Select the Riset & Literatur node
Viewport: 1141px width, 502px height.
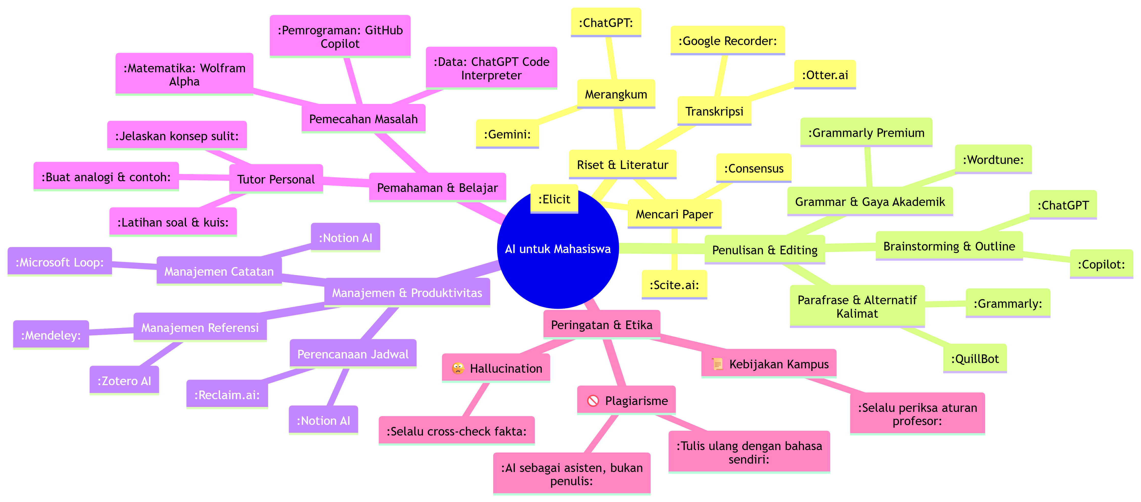tap(622, 165)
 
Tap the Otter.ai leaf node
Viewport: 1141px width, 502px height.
tap(825, 75)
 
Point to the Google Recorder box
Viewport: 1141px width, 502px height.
tap(727, 41)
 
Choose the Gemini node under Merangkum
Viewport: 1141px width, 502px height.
tap(507, 134)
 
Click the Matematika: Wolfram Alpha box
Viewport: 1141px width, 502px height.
tap(184, 74)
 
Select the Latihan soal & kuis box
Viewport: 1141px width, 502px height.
tap(173, 222)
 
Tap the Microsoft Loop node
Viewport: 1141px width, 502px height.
tap(59, 262)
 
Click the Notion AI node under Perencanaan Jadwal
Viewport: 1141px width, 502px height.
tap(323, 421)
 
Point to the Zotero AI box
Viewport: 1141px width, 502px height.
tap(124, 381)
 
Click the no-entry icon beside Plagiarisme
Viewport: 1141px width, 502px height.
tap(593, 401)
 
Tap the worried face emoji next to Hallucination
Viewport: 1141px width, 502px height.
tap(458, 368)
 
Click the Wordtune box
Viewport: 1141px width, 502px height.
tap(993, 160)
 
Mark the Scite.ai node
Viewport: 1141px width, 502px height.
tap(674, 285)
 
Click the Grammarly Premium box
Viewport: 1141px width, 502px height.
tap(866, 132)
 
